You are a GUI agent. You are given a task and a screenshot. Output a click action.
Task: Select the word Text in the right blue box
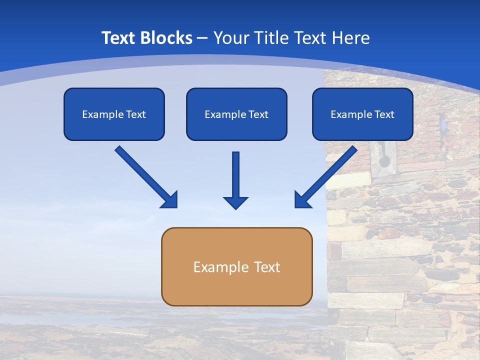[384, 114]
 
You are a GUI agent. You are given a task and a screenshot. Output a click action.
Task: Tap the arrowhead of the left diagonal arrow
[170, 200]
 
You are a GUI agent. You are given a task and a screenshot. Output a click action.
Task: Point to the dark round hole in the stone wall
[384, 161]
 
